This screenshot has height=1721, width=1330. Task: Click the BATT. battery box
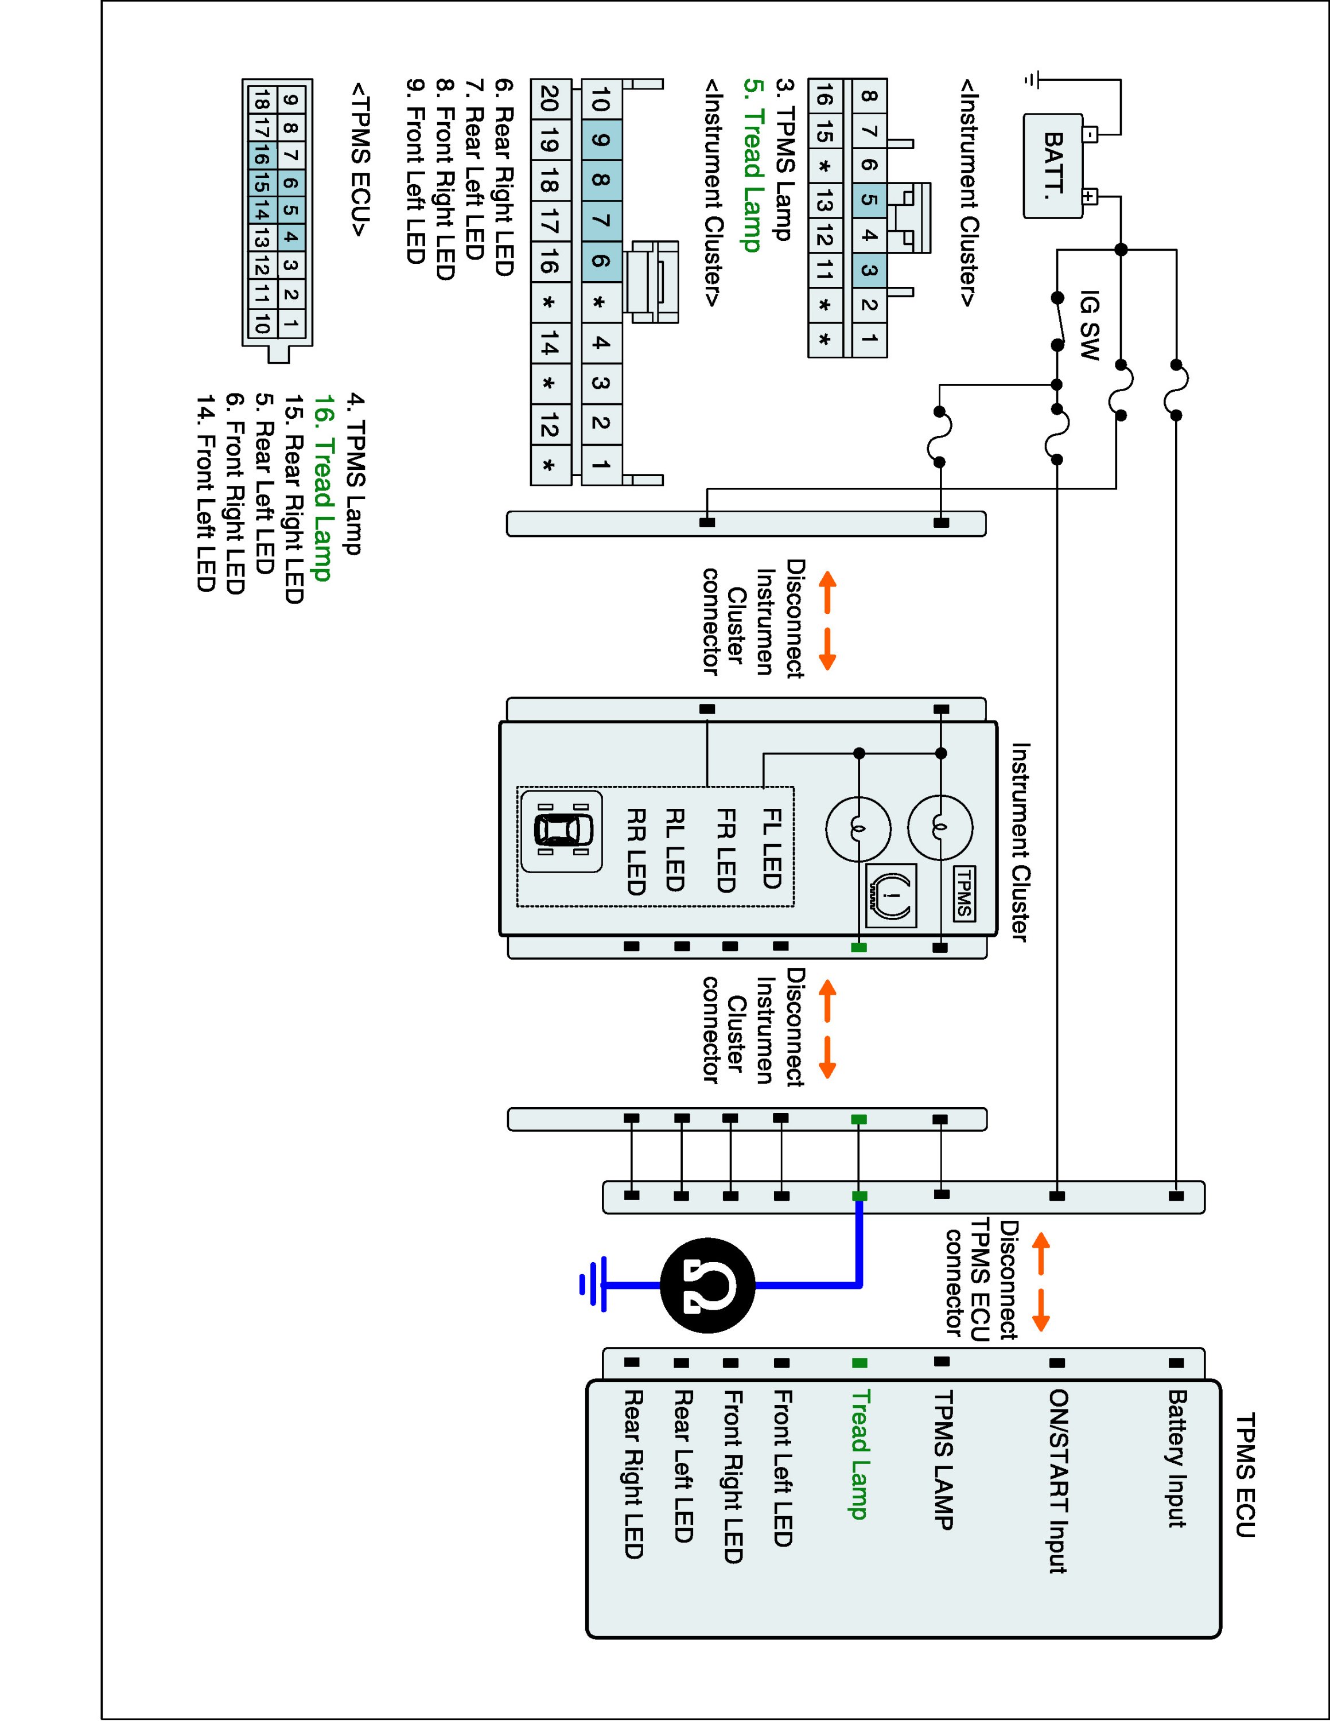tap(1053, 165)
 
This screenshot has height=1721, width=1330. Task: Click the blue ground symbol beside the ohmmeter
tap(593, 1285)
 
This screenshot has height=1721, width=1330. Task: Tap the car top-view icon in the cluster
tap(561, 831)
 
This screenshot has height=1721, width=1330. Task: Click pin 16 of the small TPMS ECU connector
tap(262, 158)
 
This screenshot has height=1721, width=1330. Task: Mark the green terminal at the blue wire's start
tap(860, 1196)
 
